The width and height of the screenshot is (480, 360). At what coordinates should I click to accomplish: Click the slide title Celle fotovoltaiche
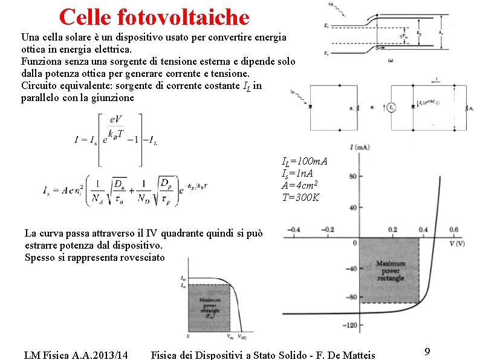click(x=154, y=16)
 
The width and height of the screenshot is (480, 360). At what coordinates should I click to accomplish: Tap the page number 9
click(x=427, y=352)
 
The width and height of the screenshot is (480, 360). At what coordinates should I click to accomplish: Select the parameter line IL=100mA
click(x=305, y=162)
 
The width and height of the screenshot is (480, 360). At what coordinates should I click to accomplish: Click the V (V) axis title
click(x=457, y=244)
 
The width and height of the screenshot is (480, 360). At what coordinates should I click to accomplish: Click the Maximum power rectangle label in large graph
click(x=390, y=270)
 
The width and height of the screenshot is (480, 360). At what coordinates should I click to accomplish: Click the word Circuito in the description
click(x=39, y=85)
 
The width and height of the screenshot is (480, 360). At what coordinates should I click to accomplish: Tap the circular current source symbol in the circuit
click(x=392, y=108)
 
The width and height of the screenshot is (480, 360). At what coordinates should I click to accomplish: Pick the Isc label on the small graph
click(x=184, y=279)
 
